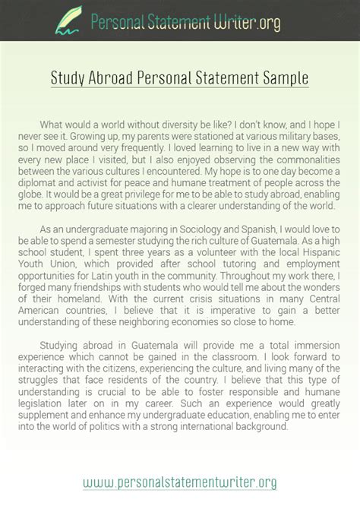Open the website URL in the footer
point(179,482)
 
